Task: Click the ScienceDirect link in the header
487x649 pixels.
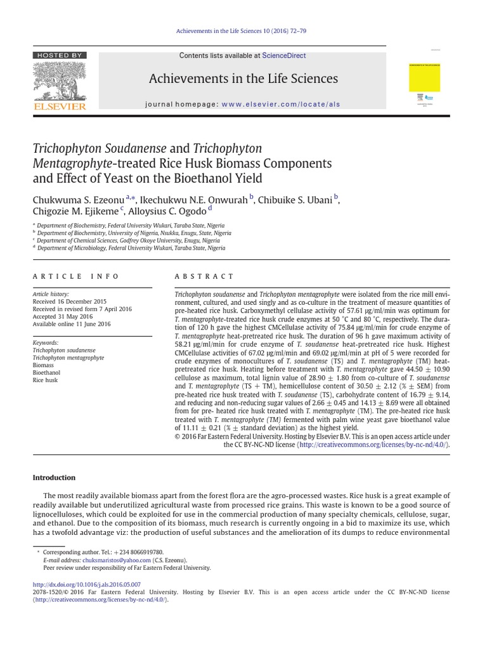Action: coord(285,56)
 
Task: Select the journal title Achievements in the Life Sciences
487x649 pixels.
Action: coord(243,79)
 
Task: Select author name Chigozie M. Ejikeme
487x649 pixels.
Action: coord(76,212)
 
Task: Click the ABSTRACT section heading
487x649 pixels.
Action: coord(204,276)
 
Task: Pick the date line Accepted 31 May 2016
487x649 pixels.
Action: coord(63,316)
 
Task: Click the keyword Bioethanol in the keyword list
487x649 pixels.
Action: coord(46,373)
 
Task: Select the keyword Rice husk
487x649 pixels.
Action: coord(45,380)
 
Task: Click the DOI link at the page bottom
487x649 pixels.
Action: coord(87,584)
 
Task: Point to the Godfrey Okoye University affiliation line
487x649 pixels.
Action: coord(128,241)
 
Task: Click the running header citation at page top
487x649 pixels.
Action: coord(243,31)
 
